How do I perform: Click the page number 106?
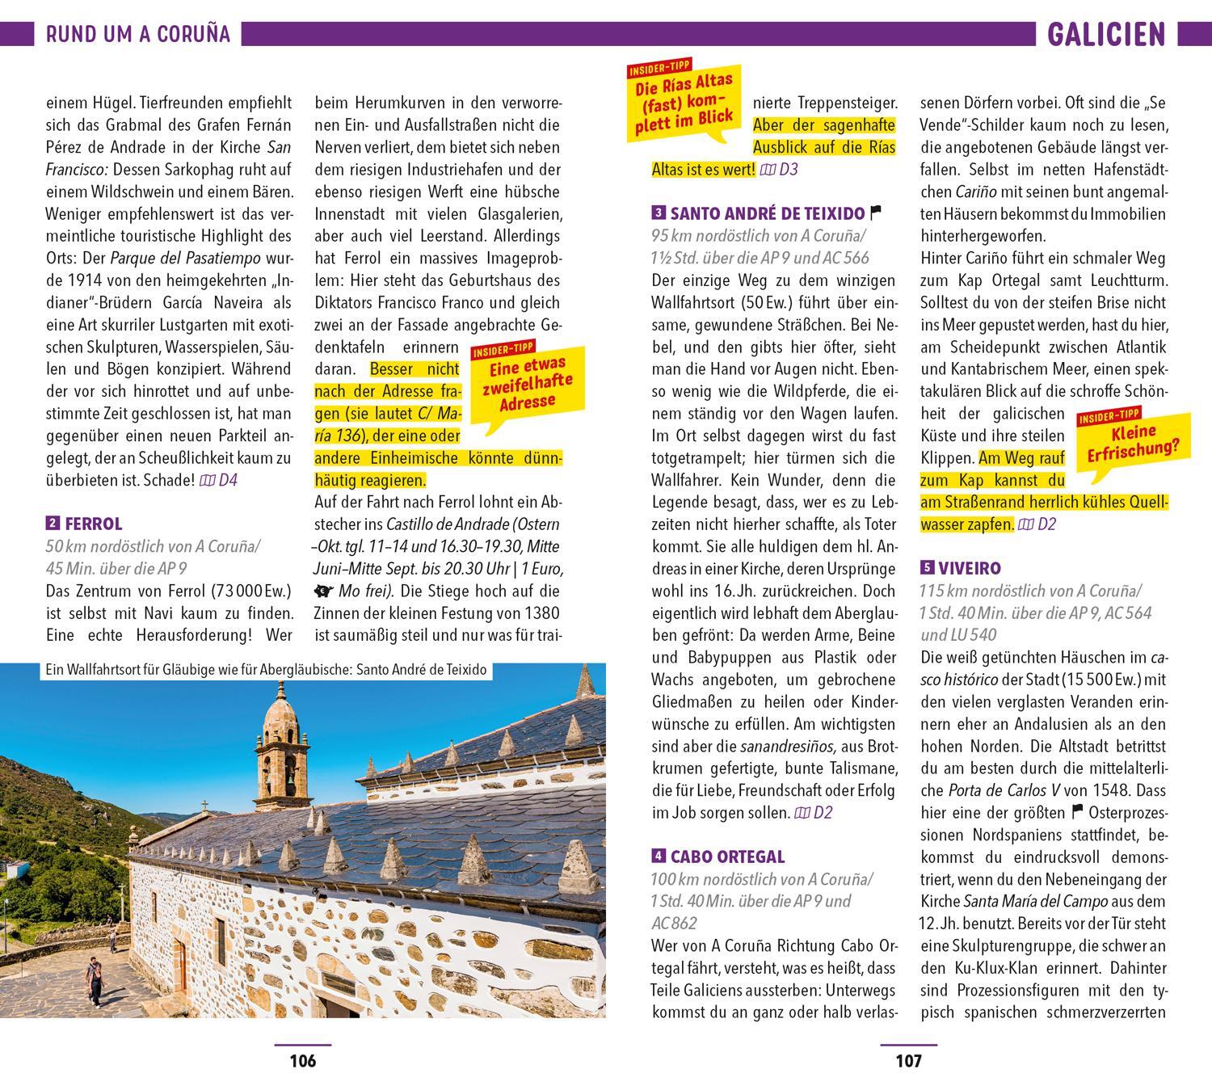pyautogui.click(x=303, y=1060)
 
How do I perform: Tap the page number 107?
pyautogui.click(x=908, y=1060)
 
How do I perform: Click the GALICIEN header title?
pyautogui.click(x=1106, y=34)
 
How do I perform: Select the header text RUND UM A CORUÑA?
pyautogui.click(x=138, y=34)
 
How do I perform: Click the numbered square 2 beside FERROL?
pyautogui.click(x=53, y=523)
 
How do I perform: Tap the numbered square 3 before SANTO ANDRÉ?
pyautogui.click(x=659, y=214)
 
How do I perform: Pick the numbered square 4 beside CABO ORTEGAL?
pyautogui.click(x=659, y=856)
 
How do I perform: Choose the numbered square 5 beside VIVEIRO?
pyautogui.click(x=927, y=568)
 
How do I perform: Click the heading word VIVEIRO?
pyautogui.click(x=970, y=568)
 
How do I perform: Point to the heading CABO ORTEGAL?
pyautogui.click(x=727, y=856)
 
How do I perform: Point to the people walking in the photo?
pyautogui.click(x=95, y=979)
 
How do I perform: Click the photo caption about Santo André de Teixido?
pyautogui.click(x=267, y=671)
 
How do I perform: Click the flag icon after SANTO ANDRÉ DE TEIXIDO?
pyautogui.click(x=874, y=213)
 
